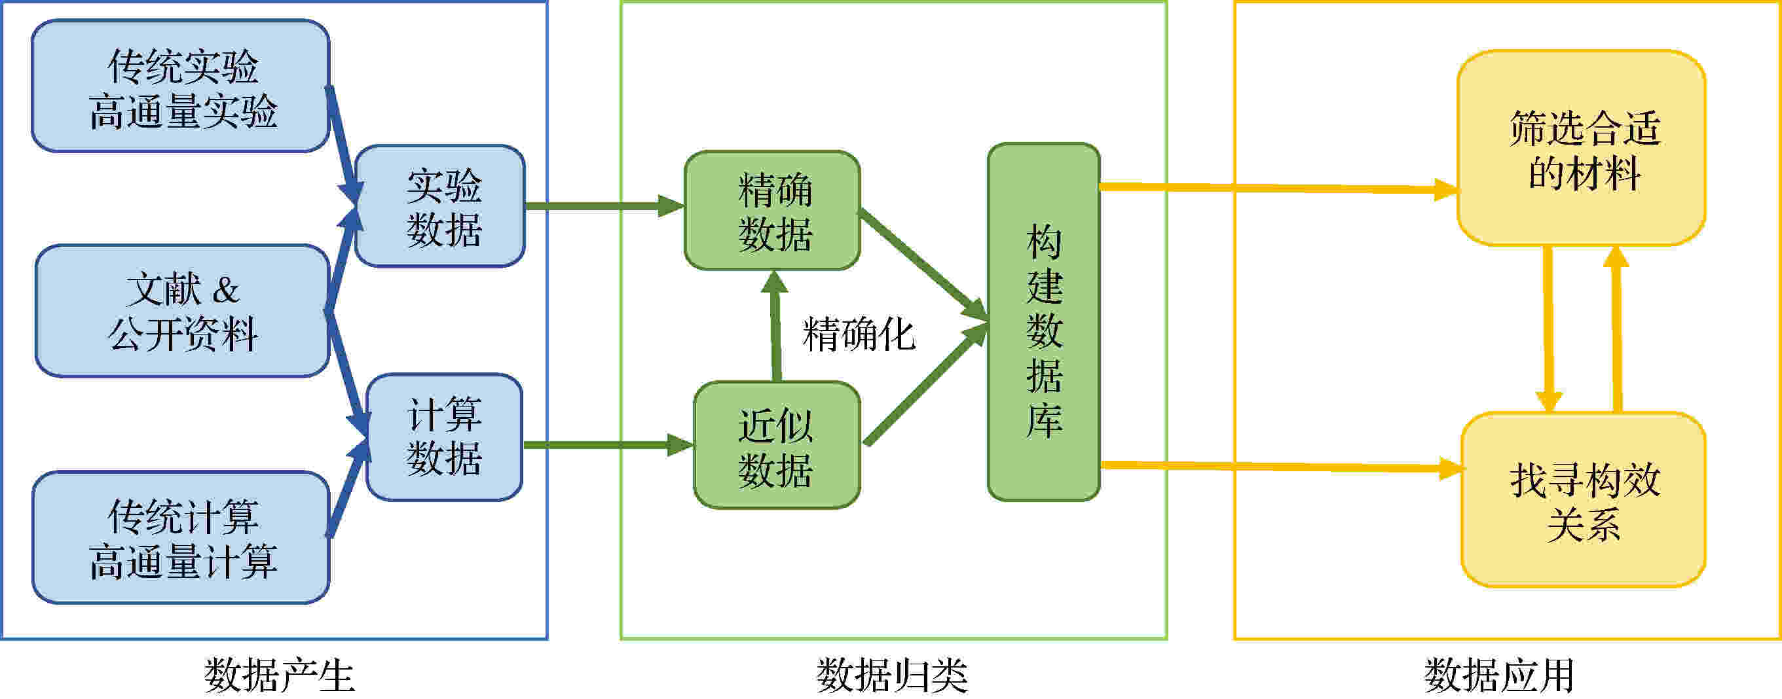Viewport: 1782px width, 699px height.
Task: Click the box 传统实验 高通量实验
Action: pos(181,86)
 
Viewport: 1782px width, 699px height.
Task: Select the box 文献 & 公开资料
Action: pos(182,310)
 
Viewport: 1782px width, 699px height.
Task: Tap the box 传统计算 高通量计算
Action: pos(181,537)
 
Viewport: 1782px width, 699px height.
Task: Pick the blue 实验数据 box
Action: pos(440,206)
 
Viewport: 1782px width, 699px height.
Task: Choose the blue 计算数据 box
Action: pos(444,437)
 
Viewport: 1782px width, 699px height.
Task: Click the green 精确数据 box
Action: pos(773,210)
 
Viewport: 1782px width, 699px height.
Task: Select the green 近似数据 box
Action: pos(777,445)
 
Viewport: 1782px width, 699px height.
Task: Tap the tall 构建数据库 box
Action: pos(1044,322)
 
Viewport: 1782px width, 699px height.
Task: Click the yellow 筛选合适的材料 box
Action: pos(1582,148)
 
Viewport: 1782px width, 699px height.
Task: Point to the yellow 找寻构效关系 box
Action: pos(1584,500)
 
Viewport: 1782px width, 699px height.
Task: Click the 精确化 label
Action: pos(859,334)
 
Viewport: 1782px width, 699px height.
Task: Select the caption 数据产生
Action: pos(280,675)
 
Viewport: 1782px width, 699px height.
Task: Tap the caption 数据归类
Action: pos(893,675)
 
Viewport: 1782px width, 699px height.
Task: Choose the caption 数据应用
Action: pos(1499,675)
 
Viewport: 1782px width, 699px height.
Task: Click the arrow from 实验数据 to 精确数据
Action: pos(605,206)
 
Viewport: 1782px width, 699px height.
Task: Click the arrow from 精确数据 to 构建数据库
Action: pos(923,266)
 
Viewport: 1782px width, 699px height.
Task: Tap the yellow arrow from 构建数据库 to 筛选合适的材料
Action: pos(1280,188)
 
